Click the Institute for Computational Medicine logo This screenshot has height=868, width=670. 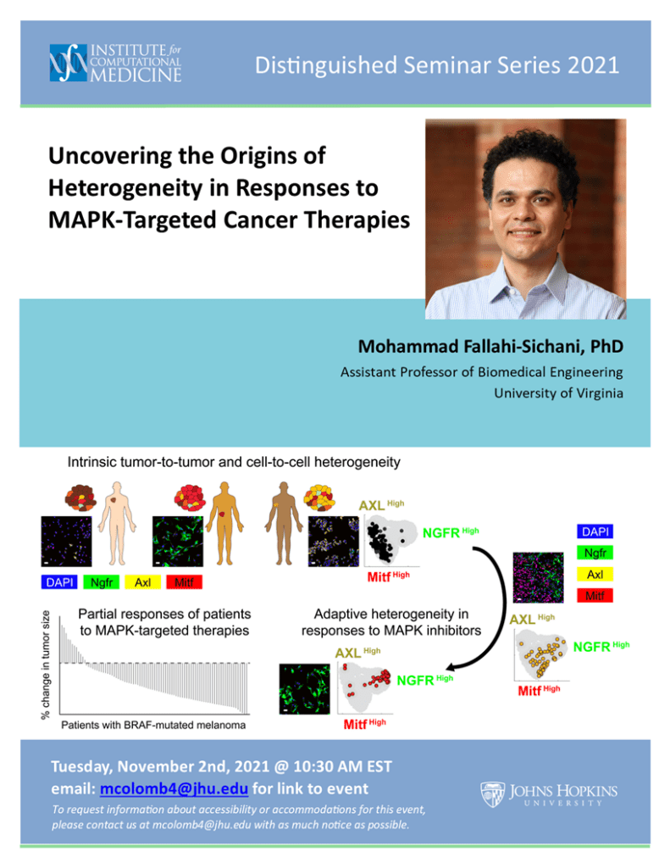[x=116, y=63]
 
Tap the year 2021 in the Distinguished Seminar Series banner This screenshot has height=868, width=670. [x=593, y=65]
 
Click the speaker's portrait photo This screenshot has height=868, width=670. [x=526, y=220]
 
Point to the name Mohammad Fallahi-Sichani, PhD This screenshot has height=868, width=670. [x=490, y=347]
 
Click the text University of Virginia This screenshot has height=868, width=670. [x=559, y=393]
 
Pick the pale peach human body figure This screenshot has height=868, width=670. [x=117, y=522]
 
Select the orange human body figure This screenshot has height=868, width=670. [x=224, y=522]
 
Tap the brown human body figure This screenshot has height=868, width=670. [x=284, y=522]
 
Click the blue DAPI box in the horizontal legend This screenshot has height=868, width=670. [x=59, y=582]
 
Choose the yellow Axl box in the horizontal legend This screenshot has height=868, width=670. [x=143, y=582]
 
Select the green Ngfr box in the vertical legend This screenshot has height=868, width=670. [x=595, y=553]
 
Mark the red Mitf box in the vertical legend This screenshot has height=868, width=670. [x=595, y=596]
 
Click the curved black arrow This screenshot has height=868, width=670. [x=504, y=601]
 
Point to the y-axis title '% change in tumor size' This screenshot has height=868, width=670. [x=46, y=665]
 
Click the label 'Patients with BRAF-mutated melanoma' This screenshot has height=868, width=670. [x=153, y=726]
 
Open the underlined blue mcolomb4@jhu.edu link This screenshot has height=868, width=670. [x=174, y=789]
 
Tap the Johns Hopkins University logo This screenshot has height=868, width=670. [x=549, y=794]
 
